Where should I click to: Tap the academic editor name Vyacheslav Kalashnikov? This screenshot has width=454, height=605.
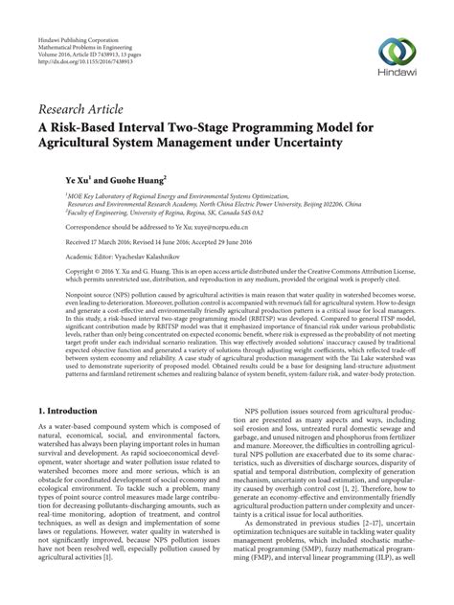pos(138,258)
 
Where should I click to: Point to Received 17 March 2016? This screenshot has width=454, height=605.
pos(76,243)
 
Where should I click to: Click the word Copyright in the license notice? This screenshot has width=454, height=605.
pos(56,272)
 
